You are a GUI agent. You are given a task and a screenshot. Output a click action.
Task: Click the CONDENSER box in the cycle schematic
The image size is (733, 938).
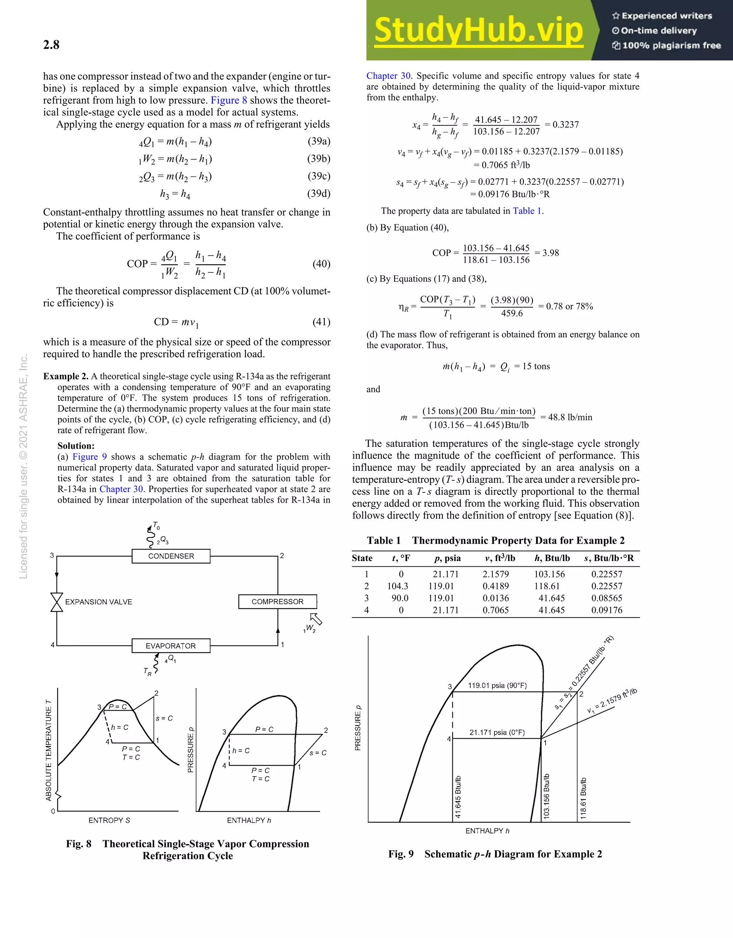pos(171,556)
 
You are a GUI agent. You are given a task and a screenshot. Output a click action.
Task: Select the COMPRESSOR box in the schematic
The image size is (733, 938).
pos(277,602)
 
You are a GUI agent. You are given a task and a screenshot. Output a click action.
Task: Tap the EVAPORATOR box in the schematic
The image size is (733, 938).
pos(171,646)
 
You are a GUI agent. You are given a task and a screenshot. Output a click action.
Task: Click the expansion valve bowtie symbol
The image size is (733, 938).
pos(57,602)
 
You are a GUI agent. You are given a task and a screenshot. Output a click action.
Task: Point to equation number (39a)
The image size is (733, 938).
pos(319,141)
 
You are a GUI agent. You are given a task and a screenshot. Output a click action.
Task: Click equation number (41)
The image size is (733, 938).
pos(321,322)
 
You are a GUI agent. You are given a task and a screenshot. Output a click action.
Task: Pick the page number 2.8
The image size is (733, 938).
pos(51,45)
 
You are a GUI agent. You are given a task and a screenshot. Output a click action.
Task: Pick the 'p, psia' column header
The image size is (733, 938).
pos(447,559)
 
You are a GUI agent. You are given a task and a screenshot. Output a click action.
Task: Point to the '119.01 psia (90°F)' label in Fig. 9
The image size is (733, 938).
pos(497,686)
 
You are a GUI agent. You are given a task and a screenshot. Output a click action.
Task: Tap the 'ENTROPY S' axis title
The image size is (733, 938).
pos(109,820)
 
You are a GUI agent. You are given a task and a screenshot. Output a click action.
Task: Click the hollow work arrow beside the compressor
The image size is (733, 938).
pos(316,619)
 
